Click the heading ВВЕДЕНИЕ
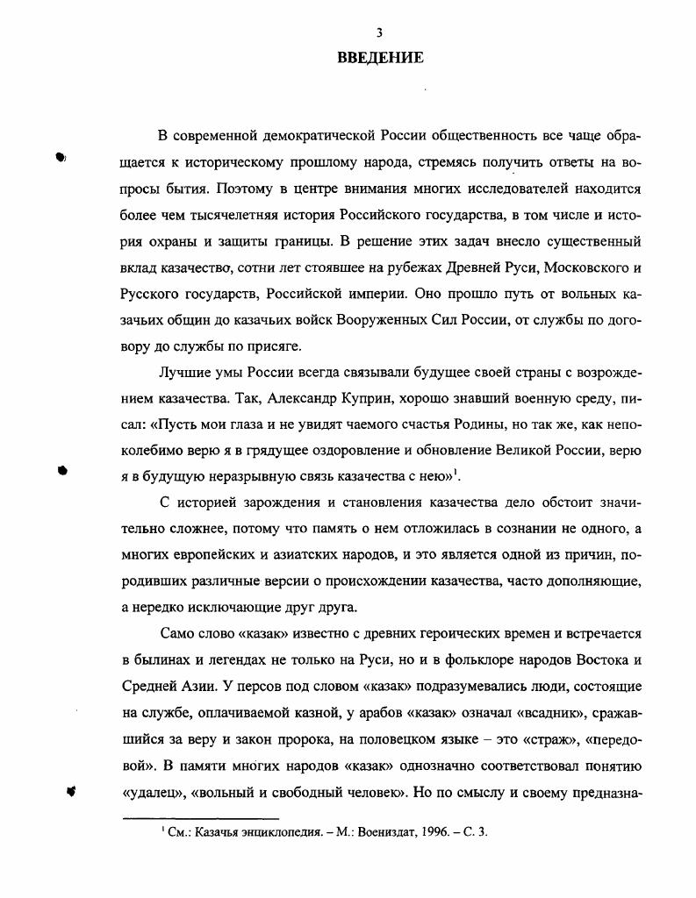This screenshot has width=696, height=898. pyautogui.click(x=380, y=59)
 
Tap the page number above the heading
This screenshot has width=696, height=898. pyautogui.click(x=379, y=33)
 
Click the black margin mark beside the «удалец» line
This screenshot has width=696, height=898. pyautogui.click(x=73, y=790)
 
